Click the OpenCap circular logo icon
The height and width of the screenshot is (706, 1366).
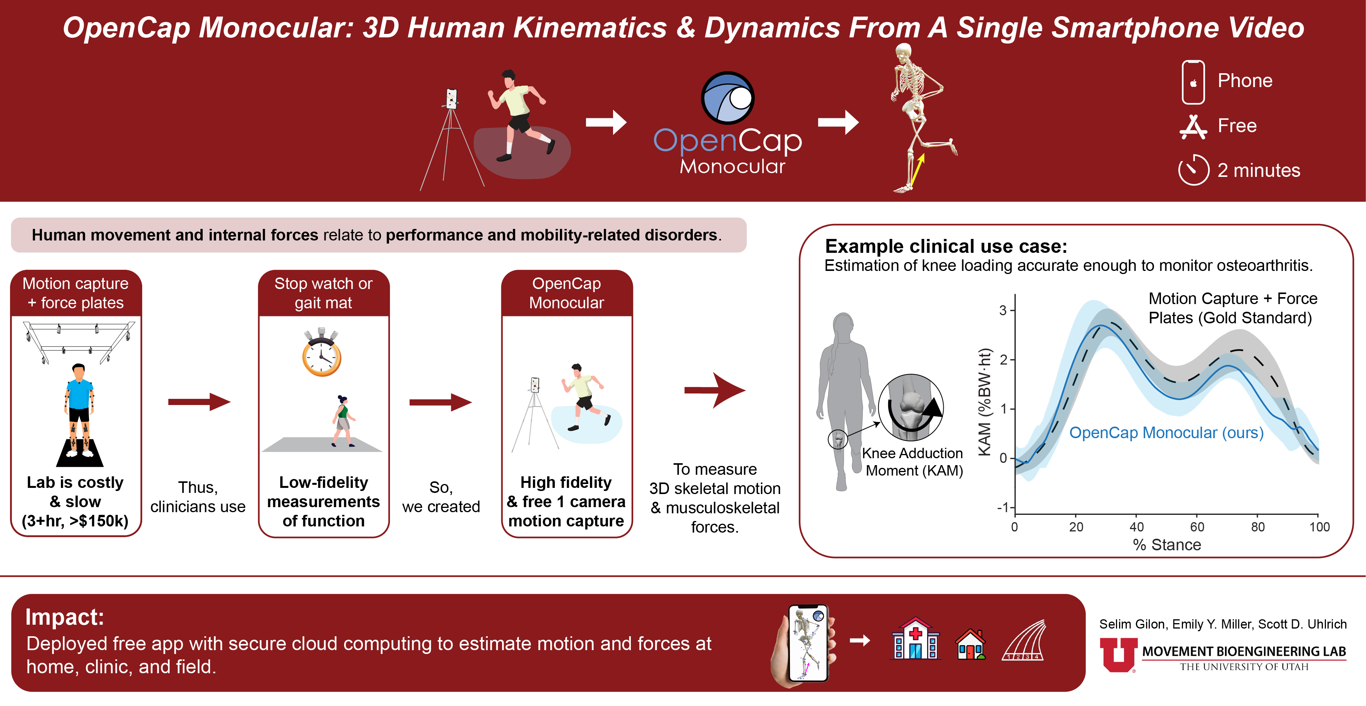point(728,99)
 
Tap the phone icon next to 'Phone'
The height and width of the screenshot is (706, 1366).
point(1193,82)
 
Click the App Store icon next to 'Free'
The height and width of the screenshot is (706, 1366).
point(1193,126)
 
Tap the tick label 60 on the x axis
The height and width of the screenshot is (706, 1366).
point(1197,527)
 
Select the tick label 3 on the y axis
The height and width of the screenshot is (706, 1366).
point(1003,310)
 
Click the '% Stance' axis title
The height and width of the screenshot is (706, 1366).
point(1167,545)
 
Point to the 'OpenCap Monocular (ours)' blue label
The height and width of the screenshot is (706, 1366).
point(1166,433)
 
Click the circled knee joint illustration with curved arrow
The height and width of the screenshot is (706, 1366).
point(911,407)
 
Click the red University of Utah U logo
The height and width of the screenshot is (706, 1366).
point(1118,654)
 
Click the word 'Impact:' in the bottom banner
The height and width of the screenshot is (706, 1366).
point(65,617)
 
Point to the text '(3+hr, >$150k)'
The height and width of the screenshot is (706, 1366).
point(75,521)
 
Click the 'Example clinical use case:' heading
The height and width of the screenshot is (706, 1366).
point(946,247)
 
